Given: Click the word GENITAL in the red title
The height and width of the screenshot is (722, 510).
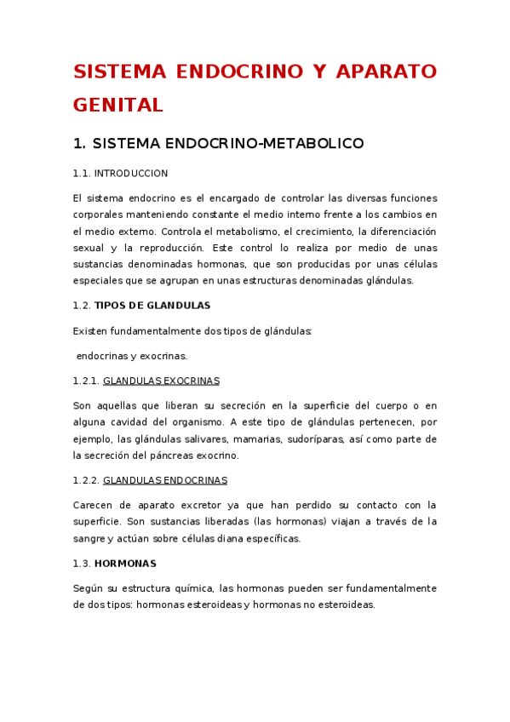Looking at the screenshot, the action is (117, 105).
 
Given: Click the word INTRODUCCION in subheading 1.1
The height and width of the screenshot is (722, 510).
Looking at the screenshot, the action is (131, 174).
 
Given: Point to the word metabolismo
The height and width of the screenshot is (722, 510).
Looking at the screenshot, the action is (244, 232).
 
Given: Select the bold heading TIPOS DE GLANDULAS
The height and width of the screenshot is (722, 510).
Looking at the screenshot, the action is (152, 305).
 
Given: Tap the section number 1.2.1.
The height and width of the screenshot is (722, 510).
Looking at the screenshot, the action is (86, 381).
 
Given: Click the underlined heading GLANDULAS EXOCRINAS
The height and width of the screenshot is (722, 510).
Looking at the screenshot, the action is (161, 381).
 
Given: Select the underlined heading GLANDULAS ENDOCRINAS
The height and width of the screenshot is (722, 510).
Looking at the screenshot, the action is (165, 480).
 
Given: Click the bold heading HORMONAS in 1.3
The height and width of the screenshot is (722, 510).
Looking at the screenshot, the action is (125, 564).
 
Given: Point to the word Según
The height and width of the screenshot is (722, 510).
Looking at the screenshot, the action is (87, 588).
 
